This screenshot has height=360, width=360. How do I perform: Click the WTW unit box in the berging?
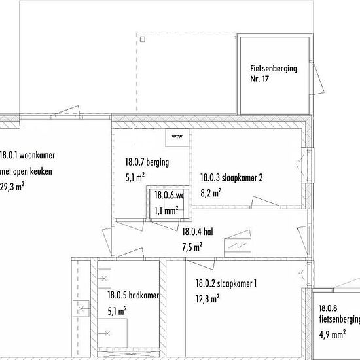[x=177, y=137]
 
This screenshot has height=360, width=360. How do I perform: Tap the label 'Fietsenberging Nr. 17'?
[x=274, y=73]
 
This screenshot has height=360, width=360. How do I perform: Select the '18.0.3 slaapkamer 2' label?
[x=232, y=177]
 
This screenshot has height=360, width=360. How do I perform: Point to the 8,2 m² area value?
[x=211, y=193]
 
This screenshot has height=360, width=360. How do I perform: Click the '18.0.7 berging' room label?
[x=147, y=162]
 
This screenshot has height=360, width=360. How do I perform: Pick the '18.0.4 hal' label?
[x=198, y=232]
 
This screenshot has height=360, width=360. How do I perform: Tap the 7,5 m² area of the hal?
[x=192, y=247]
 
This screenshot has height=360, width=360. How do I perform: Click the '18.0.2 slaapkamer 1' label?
[x=226, y=283]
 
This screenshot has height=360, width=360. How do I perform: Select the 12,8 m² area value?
[x=207, y=299]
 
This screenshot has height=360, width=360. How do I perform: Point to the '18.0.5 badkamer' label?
[x=133, y=295]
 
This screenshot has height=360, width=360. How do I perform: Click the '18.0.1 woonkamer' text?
[x=27, y=155]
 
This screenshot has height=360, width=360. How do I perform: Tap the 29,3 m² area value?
[x=12, y=187]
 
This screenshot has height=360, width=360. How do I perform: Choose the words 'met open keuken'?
[x=26, y=171]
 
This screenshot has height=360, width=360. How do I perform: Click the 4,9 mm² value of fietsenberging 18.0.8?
[x=333, y=334]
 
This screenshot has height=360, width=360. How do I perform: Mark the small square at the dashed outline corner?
[x=143, y=39]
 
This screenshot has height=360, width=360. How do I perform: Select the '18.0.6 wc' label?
[x=170, y=196]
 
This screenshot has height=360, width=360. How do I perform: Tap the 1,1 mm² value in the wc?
[x=166, y=211]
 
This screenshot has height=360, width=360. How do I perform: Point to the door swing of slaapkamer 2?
[x=266, y=202]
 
